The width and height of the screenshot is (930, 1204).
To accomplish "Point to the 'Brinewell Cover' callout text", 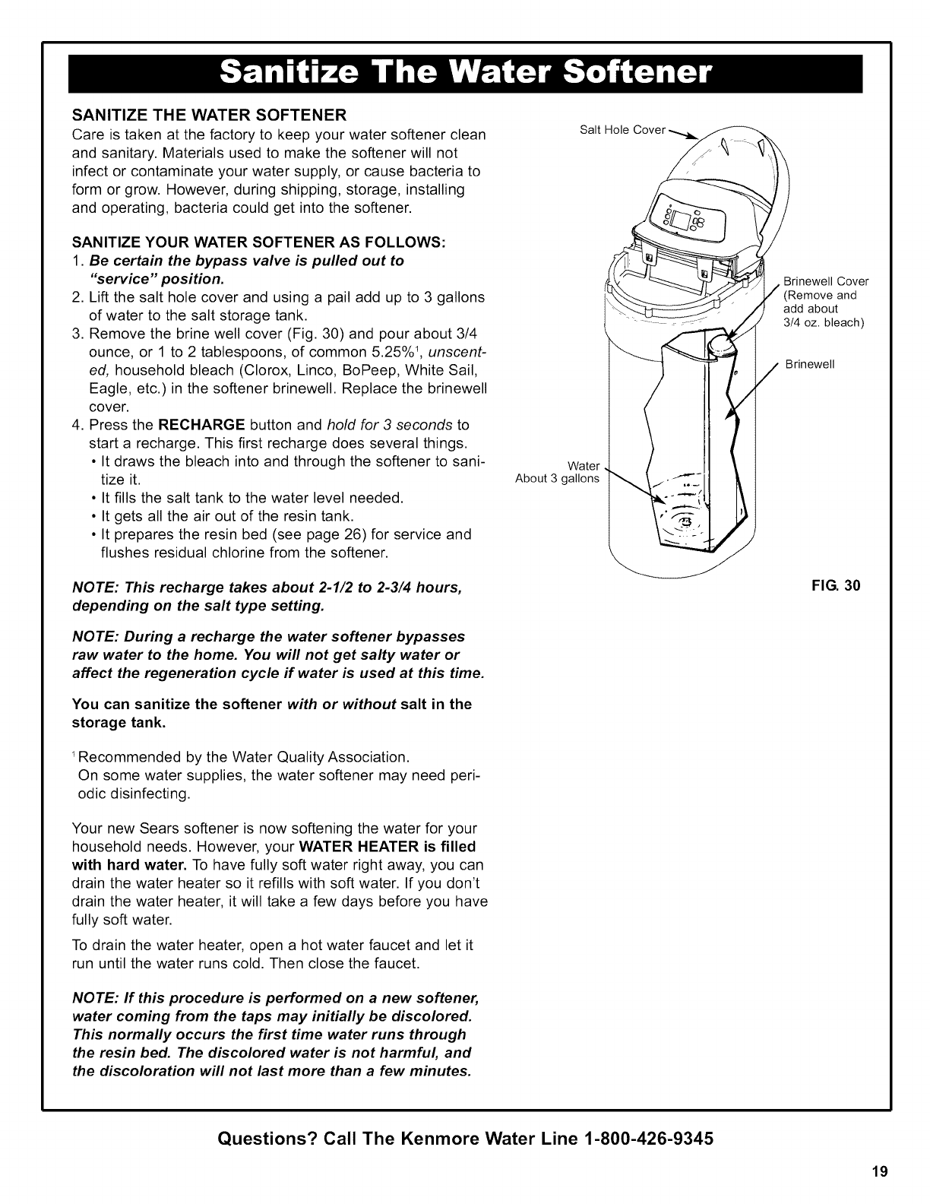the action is pos(825,281).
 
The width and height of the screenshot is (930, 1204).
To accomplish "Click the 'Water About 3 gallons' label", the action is pos(558,472).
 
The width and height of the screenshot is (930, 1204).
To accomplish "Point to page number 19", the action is pos(881,1171).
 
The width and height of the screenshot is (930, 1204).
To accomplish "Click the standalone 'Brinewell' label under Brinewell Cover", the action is pos(810,364).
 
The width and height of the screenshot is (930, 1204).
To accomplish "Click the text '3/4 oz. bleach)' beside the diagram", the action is pos(824,322).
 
